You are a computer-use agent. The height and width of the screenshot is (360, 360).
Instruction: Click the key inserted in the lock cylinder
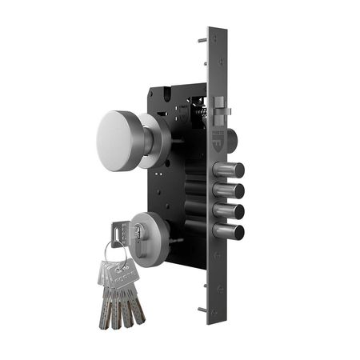[121, 233]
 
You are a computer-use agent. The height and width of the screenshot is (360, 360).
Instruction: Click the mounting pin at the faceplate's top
[202, 38]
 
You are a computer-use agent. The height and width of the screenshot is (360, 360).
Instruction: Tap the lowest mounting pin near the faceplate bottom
[202, 310]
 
